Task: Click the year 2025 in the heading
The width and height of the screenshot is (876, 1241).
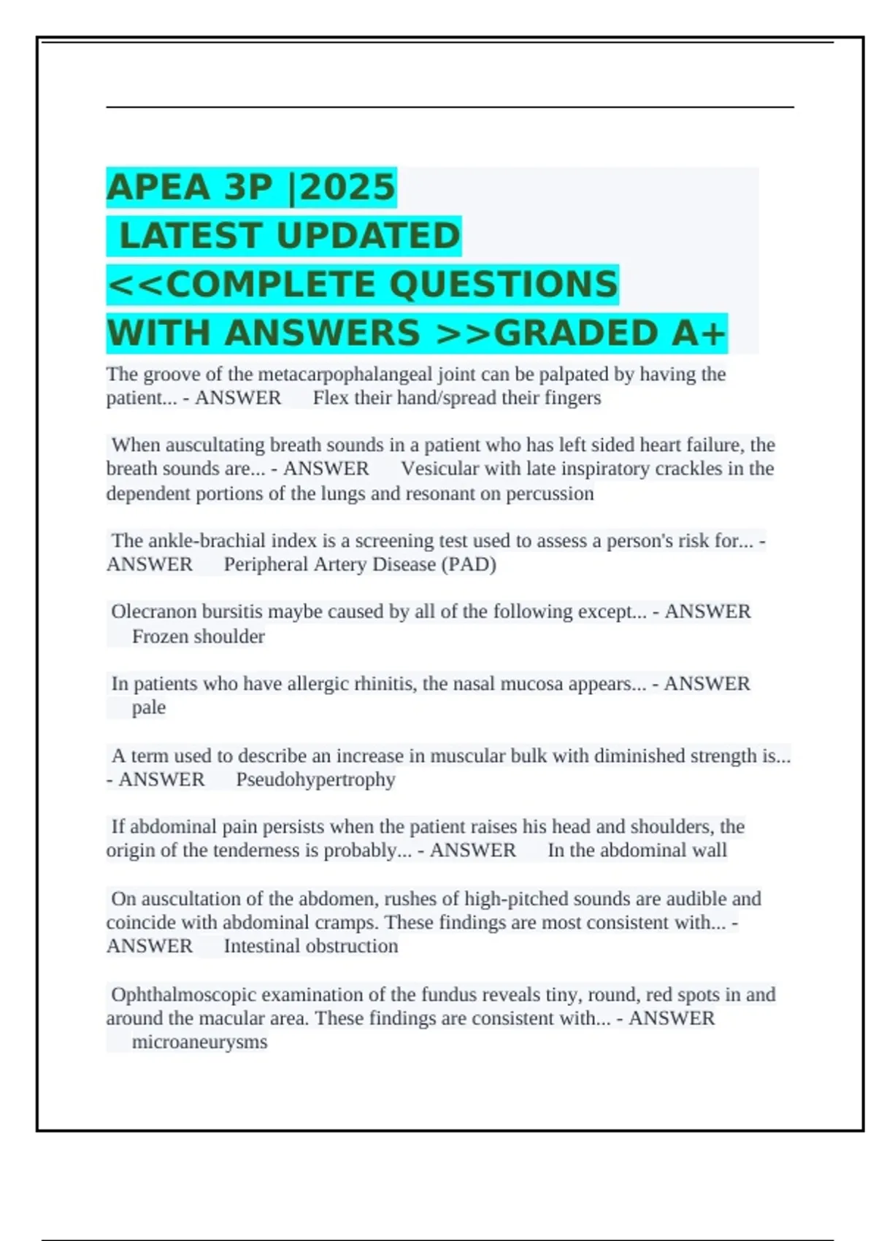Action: click(347, 187)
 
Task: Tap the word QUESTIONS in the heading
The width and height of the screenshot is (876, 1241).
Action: click(504, 284)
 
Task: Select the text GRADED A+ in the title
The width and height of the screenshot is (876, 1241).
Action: click(610, 333)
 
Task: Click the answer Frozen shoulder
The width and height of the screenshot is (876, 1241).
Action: click(198, 637)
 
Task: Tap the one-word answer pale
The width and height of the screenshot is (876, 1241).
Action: click(149, 707)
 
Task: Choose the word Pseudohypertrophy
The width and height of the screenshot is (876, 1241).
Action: click(315, 780)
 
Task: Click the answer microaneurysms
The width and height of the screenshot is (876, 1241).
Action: click(199, 1042)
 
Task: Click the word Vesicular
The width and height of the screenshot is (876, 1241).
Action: click(441, 469)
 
